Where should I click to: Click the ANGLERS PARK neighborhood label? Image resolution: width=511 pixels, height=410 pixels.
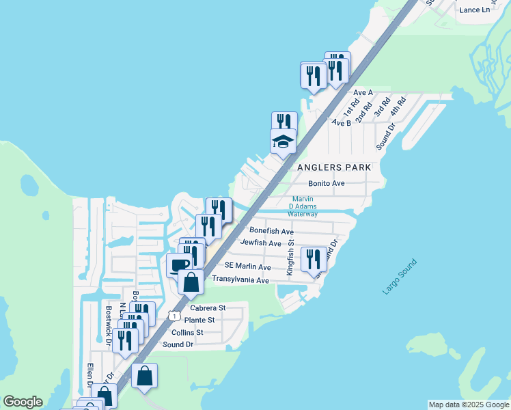[334, 167]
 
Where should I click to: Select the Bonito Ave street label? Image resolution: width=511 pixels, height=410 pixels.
[327, 183]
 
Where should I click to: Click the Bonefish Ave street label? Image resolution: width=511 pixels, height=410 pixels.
[271, 231]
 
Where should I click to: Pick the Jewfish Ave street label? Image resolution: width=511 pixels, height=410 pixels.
[261, 243]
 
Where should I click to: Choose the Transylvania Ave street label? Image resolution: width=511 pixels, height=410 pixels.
[240, 279]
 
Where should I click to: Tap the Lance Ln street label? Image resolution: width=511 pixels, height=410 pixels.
[475, 10]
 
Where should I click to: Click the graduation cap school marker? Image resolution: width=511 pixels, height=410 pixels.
[283, 141]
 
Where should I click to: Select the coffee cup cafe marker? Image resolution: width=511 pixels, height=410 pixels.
[180, 264]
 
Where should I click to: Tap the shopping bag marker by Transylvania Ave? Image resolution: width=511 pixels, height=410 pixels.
[191, 280]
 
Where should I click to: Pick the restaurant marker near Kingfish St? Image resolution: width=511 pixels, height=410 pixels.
[314, 259]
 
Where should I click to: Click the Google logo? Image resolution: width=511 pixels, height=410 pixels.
[23, 402]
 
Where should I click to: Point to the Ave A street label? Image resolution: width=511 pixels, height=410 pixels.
[363, 92]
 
